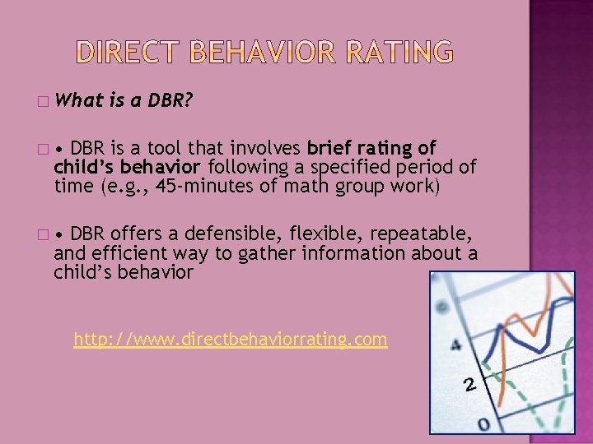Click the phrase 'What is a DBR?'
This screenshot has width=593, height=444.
[127, 101]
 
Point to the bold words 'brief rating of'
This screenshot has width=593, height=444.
[371, 149]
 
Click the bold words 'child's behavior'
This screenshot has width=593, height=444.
[127, 167]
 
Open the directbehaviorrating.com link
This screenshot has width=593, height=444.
[230, 339]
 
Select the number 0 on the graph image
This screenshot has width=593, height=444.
[483, 423]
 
